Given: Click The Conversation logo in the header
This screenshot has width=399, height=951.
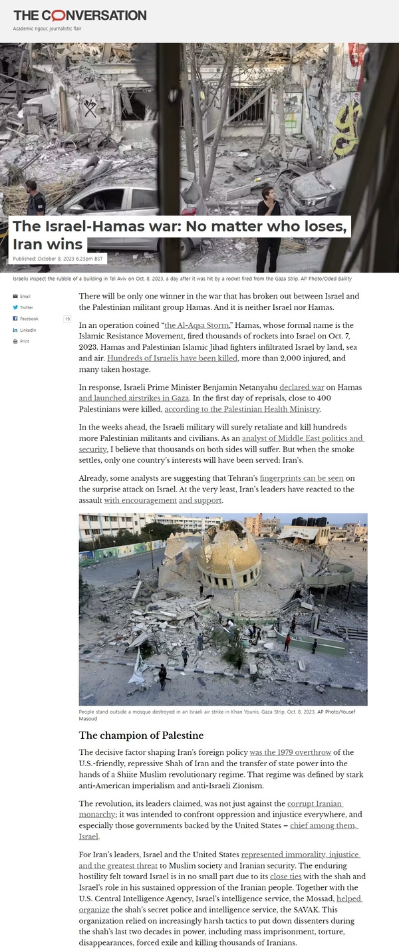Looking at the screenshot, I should click(x=80, y=15).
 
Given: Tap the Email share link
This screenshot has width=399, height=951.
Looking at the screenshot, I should click(x=25, y=296).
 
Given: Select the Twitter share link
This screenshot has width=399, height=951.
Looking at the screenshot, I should click(x=26, y=307).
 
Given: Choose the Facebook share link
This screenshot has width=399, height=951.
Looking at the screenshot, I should click(x=29, y=319).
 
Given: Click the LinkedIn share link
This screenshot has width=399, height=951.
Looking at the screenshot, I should click(x=27, y=330).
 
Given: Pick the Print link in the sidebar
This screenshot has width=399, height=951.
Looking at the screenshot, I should click(x=24, y=341).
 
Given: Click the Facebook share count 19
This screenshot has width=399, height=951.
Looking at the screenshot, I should click(x=67, y=319).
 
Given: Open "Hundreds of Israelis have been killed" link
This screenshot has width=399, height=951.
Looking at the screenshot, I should click(x=172, y=358).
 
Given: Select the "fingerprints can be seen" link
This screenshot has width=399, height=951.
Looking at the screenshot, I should click(x=302, y=478).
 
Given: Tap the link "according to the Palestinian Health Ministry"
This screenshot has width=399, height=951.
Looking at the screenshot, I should click(x=242, y=409).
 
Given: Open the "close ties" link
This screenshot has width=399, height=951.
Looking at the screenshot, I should click(x=285, y=877).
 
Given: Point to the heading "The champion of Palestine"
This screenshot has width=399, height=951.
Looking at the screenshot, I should click(x=141, y=735).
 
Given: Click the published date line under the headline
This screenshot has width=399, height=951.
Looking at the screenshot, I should click(x=58, y=259).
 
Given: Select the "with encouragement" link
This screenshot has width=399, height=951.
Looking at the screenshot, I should click(x=140, y=500).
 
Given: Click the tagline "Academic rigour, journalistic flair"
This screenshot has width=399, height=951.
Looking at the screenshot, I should click(x=47, y=29).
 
